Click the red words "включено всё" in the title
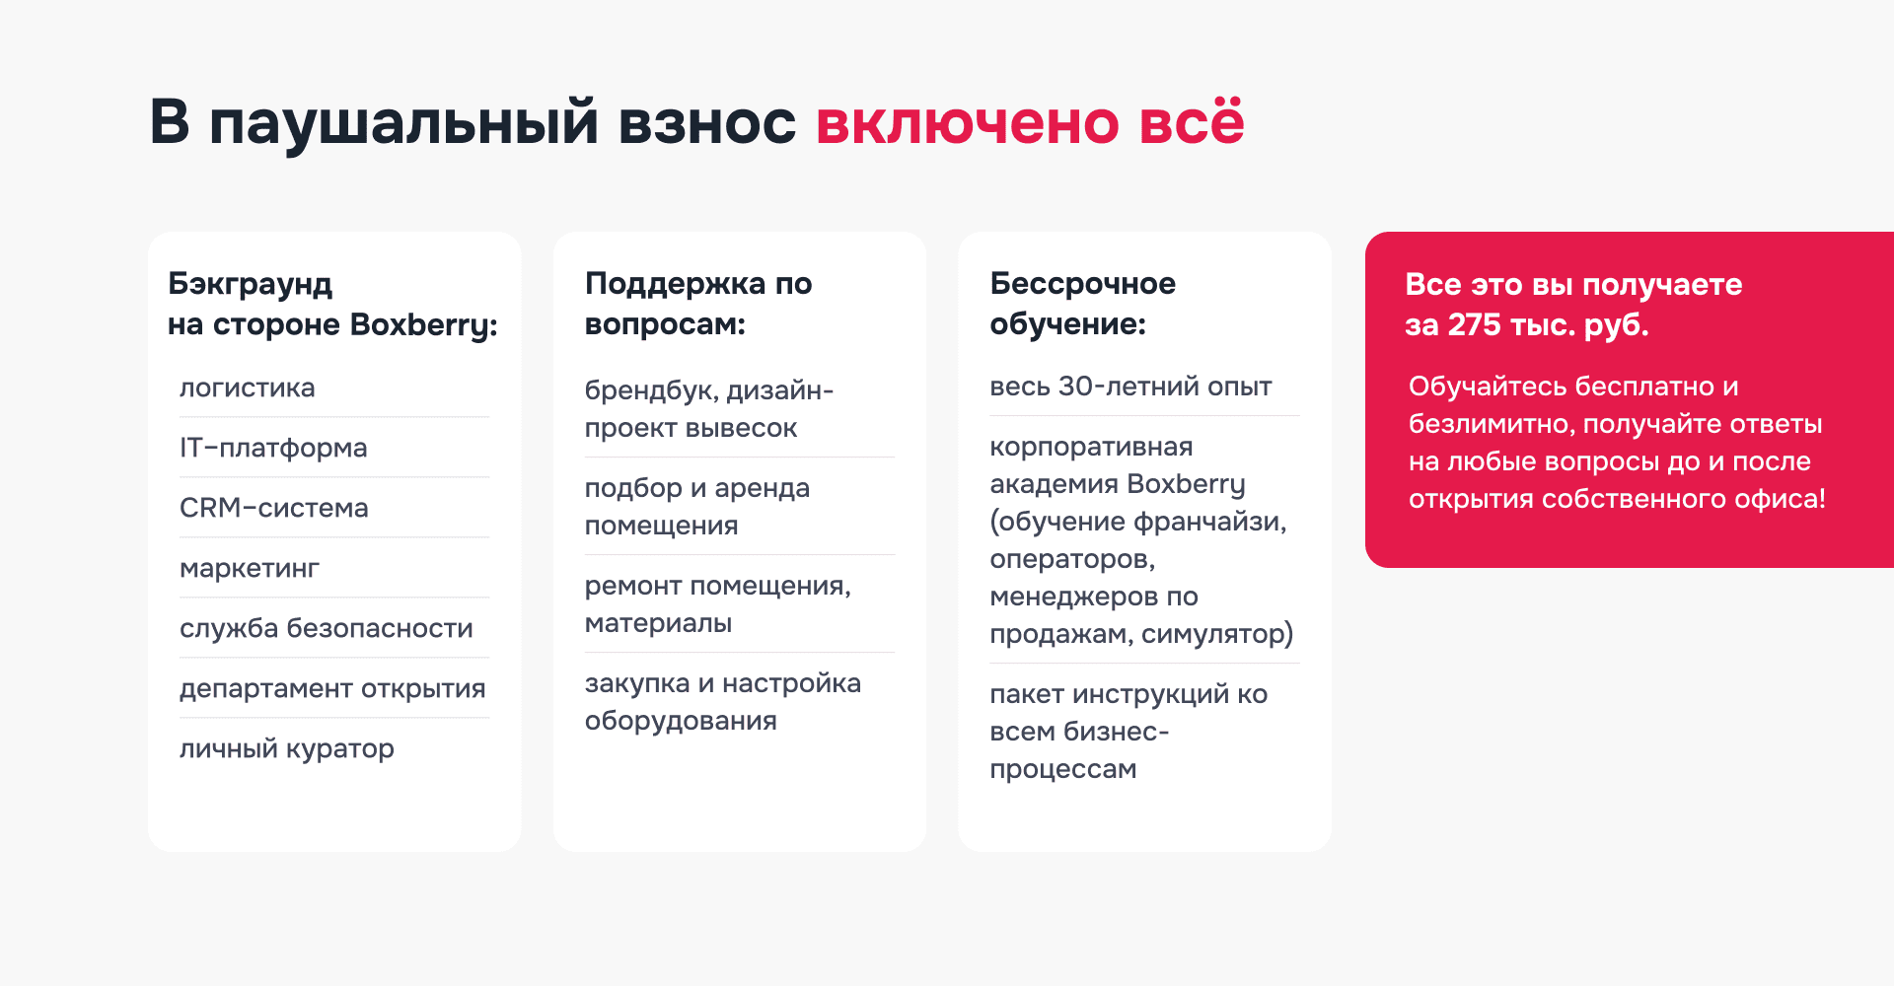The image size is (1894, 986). (1029, 123)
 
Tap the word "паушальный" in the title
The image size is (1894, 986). (403, 123)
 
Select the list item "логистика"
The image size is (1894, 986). (247, 387)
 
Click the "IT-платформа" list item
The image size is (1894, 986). (273, 448)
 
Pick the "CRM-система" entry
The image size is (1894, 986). (273, 508)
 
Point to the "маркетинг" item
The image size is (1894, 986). (250, 568)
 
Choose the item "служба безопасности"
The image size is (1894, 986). (326, 628)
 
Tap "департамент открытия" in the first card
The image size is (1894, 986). (332, 688)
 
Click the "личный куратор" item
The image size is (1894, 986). (286, 748)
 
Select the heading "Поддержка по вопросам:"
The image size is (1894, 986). (697, 303)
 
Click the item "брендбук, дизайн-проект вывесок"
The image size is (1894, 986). (708, 408)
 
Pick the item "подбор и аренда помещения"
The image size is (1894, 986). (696, 506)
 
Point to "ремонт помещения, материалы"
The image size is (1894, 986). (717, 603)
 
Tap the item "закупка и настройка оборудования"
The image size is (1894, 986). (722, 701)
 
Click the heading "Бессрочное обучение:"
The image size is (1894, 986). (1082, 303)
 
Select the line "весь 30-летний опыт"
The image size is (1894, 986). (1130, 386)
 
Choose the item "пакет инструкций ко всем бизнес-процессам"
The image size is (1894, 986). (1128, 731)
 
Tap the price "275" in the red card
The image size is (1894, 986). (1474, 324)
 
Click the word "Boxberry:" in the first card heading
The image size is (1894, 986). (423, 324)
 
